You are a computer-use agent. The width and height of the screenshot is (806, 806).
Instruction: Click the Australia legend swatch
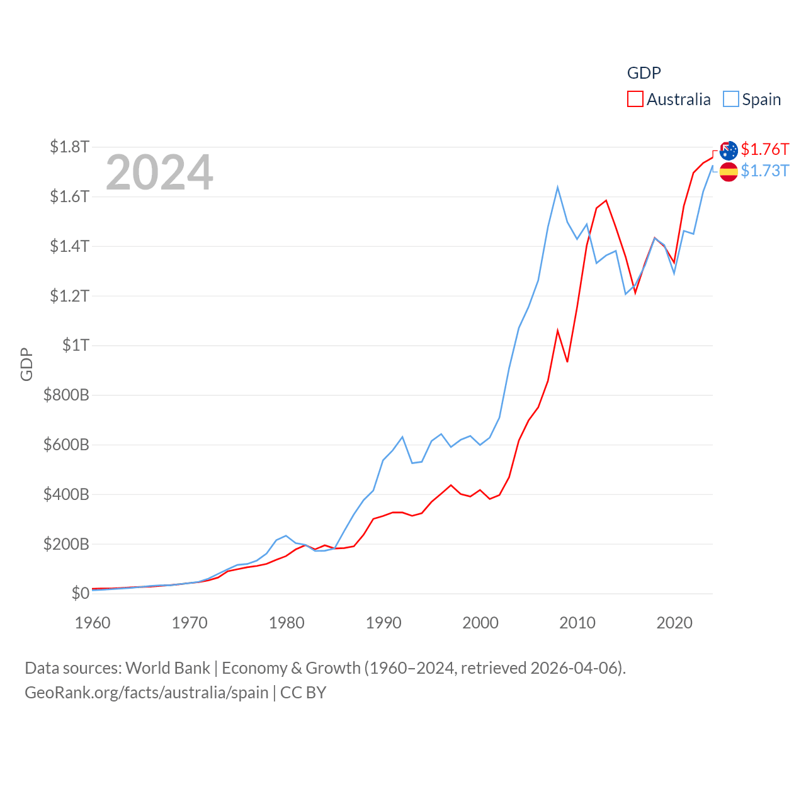tap(635, 99)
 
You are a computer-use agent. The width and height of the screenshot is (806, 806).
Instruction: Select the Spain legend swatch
tap(730, 99)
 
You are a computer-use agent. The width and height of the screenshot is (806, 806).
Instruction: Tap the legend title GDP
tap(644, 73)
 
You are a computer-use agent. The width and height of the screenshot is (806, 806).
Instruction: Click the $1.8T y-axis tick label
tap(69, 147)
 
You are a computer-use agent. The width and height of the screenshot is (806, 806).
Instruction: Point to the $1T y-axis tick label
tap(76, 345)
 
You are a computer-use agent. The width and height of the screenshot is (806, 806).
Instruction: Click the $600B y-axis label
tap(66, 445)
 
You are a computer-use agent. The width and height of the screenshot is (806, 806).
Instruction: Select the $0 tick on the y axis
tap(80, 593)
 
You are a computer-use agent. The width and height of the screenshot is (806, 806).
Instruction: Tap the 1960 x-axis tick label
tap(93, 623)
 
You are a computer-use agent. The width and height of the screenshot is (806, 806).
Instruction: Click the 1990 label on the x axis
tap(383, 623)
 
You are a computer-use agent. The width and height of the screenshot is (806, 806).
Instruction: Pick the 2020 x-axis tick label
tap(674, 623)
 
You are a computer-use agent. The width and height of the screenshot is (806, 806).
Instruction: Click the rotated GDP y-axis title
tap(26, 364)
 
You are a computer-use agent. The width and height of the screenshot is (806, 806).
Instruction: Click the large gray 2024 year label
tap(159, 173)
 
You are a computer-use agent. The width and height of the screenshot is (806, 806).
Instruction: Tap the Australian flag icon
tap(729, 150)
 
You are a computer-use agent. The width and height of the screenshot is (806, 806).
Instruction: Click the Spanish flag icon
tap(729, 171)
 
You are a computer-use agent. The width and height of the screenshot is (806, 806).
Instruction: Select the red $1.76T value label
tap(764, 149)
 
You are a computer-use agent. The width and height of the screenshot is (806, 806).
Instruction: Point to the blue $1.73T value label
tap(764, 171)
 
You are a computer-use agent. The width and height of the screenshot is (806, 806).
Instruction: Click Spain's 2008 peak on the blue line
tap(558, 187)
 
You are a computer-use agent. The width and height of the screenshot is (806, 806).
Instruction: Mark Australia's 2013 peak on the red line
tap(606, 201)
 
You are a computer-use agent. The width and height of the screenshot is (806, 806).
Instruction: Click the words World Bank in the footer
tap(167, 667)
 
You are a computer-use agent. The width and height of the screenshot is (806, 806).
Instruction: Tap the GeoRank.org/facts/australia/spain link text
tap(147, 693)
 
